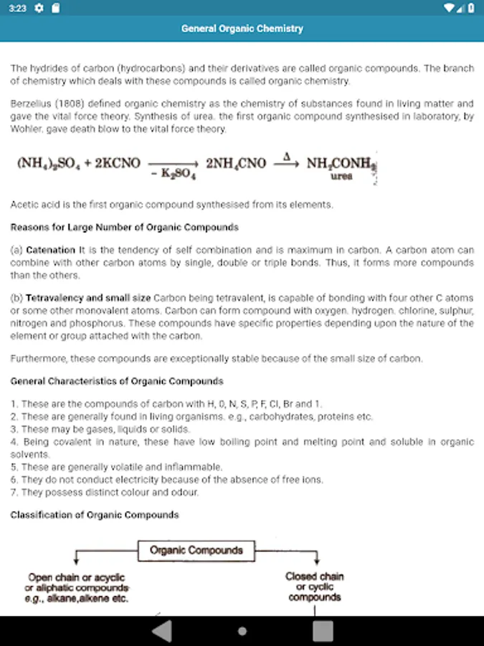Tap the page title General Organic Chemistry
click(242, 29)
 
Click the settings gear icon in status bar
click(39, 8)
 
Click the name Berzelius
click(29, 104)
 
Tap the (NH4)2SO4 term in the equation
click(47, 164)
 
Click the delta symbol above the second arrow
click(286, 156)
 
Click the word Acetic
click(25, 205)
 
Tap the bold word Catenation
click(50, 251)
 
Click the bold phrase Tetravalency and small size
click(88, 297)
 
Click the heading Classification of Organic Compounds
click(95, 515)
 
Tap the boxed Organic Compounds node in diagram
click(196, 551)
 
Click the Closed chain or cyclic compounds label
click(315, 586)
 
